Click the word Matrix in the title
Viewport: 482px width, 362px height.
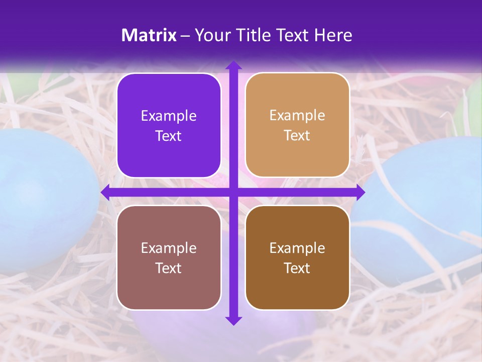click(149, 35)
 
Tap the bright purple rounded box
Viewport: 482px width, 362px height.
click(169, 125)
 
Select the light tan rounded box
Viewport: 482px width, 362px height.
click(297, 125)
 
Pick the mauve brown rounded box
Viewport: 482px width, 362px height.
click(169, 257)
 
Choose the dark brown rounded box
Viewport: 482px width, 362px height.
click(297, 257)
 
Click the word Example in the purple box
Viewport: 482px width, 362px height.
click(169, 116)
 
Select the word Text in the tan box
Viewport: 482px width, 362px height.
click(297, 136)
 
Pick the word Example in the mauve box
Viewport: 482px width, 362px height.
click(169, 248)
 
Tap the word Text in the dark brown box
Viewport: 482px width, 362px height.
click(297, 268)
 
